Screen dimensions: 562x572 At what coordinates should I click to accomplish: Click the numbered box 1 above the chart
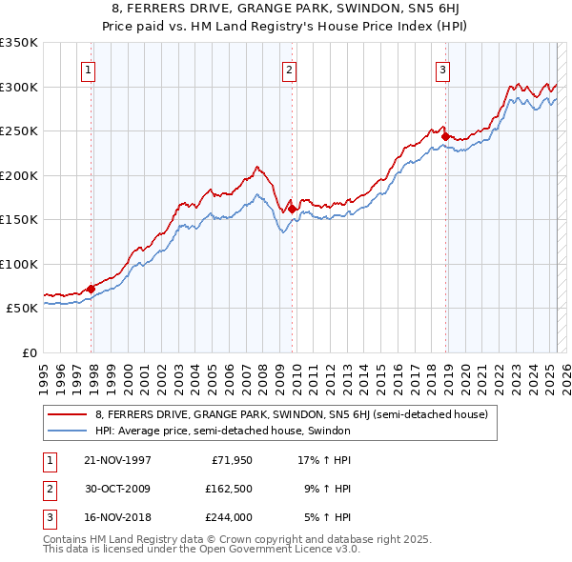click(88, 69)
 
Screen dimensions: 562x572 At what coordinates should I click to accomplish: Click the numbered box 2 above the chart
click(289, 69)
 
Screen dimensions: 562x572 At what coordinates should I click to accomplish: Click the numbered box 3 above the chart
click(443, 69)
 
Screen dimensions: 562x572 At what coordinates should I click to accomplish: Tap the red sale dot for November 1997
click(92, 289)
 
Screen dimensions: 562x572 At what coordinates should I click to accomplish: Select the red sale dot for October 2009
click(293, 209)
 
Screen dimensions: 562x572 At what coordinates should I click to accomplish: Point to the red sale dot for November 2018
click(445, 136)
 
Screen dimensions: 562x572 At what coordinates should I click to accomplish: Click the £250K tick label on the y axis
click(19, 131)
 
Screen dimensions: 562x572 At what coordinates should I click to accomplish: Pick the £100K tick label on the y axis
click(19, 264)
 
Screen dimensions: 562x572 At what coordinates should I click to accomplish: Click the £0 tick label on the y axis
click(29, 352)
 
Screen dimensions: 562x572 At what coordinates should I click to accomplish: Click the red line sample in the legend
click(67, 414)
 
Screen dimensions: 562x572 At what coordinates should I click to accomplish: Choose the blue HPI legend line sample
click(67, 431)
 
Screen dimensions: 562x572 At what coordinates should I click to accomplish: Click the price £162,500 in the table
click(228, 489)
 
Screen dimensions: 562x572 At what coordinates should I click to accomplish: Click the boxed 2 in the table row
click(49, 489)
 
